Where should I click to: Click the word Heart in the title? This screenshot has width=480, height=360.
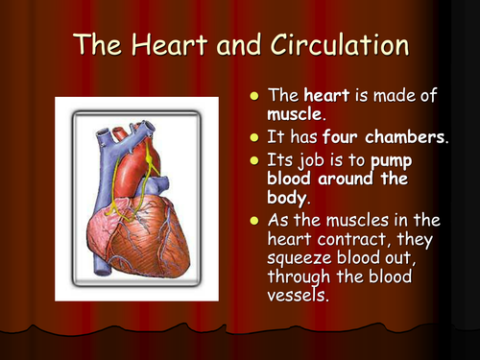(164, 45)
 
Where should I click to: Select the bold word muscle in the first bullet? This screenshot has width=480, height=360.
(291, 116)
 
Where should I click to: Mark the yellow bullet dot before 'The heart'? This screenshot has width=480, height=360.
(254, 98)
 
